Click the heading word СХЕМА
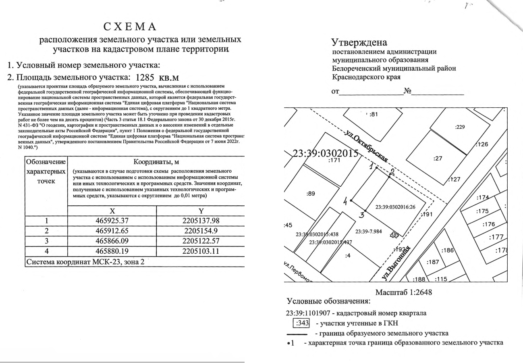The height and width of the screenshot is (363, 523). pyautogui.click(x=130, y=27)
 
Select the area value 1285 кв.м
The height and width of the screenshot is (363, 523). pyautogui.click(x=157, y=77)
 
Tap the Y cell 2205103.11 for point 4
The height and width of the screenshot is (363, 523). pyautogui.click(x=200, y=251)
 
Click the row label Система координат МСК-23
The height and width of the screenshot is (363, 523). pyautogui.click(x=84, y=261)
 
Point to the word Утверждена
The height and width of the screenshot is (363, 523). pyautogui.click(x=359, y=42)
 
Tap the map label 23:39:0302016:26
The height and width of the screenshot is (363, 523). pyautogui.click(x=395, y=207)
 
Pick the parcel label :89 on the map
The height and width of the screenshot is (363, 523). pyautogui.click(x=311, y=193)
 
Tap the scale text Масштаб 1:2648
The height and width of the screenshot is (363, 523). pyautogui.click(x=403, y=292)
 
